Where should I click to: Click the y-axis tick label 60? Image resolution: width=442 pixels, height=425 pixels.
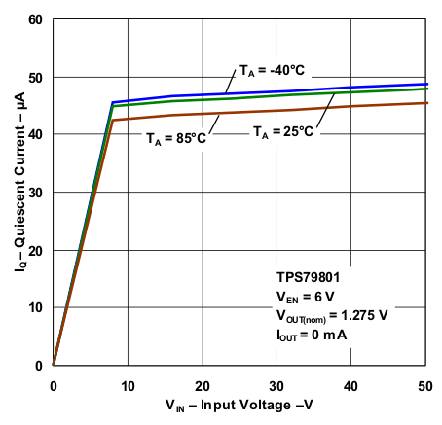pyautogui.click(x=35, y=19)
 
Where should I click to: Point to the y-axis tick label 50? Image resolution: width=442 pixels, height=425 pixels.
pyautogui.click(x=35, y=77)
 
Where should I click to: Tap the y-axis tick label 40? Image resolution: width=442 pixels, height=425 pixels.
pyautogui.click(x=35, y=134)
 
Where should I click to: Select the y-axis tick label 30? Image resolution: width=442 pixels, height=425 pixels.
pyautogui.click(x=35, y=193)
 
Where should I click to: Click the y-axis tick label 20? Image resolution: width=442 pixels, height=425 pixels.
pyautogui.click(x=35, y=250)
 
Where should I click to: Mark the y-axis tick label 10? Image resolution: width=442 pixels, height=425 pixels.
pyautogui.click(x=35, y=307)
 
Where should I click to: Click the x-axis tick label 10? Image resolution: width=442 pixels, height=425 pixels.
pyautogui.click(x=128, y=384)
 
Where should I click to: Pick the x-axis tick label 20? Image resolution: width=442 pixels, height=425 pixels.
pyautogui.click(x=203, y=384)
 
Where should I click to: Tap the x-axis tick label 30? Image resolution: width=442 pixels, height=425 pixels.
pyautogui.click(x=276, y=384)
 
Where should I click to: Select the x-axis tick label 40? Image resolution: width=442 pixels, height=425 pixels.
pyautogui.click(x=351, y=384)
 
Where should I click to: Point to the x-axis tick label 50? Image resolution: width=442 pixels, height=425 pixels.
pyautogui.click(x=425, y=384)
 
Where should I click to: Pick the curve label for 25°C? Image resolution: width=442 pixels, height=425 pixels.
pyautogui.click(x=284, y=131)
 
